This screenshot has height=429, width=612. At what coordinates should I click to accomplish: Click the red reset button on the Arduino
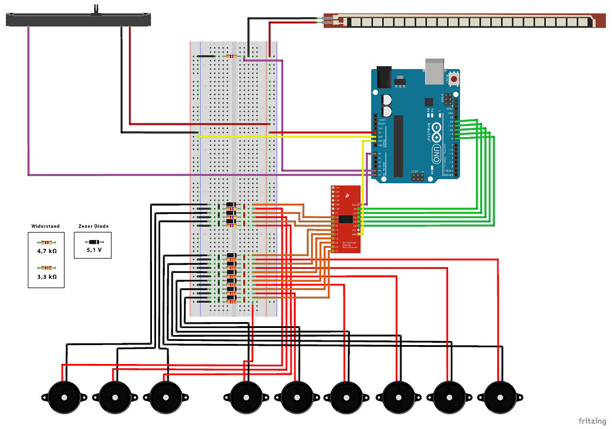[454, 78]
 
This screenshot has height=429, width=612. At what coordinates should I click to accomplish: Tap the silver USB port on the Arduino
[436, 67]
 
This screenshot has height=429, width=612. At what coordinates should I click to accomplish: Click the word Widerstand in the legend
[46, 226]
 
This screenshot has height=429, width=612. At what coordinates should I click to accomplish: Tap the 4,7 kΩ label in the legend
[46, 251]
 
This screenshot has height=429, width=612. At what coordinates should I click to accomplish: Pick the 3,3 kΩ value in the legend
[46, 277]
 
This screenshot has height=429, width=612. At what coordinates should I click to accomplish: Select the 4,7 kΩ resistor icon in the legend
[46, 242]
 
